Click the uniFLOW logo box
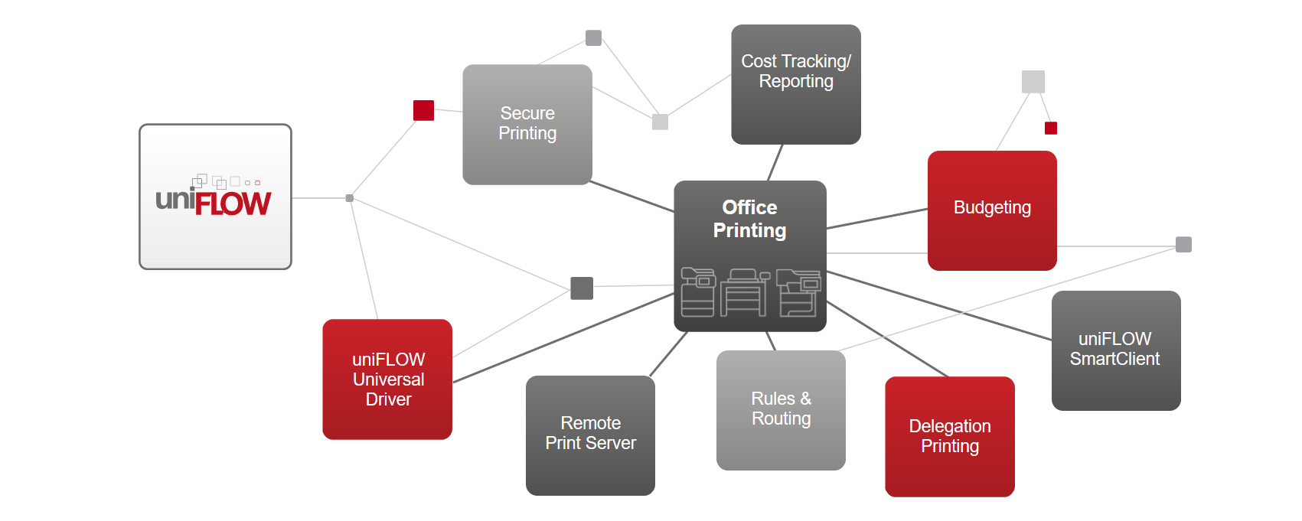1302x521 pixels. pyautogui.click(x=215, y=197)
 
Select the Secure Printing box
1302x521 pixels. pyautogui.click(x=527, y=124)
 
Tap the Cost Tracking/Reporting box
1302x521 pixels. pyautogui.click(x=796, y=84)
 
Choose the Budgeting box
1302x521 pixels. pyautogui.click(x=992, y=210)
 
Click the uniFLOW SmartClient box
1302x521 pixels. pyautogui.click(x=1115, y=350)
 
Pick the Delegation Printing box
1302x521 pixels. pyautogui.click(x=950, y=436)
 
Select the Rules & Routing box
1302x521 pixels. pyautogui.click(x=781, y=409)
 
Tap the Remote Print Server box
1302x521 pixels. pyautogui.click(x=590, y=435)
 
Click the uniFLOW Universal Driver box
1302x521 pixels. pyautogui.click(x=387, y=379)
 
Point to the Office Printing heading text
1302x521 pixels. pyautogui.click(x=749, y=219)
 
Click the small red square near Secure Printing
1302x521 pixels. pyautogui.click(x=423, y=110)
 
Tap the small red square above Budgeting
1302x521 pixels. pyautogui.click(x=1051, y=128)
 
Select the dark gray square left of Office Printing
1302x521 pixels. pyautogui.click(x=582, y=288)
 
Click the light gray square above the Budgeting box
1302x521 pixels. pyautogui.click(x=1033, y=82)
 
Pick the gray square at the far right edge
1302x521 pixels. pyautogui.click(x=1183, y=245)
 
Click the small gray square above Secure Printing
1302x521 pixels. pyautogui.click(x=593, y=37)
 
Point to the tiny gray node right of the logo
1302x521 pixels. pyautogui.click(x=350, y=198)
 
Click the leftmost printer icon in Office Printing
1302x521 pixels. pyautogui.click(x=697, y=292)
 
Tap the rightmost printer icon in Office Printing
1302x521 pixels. pyautogui.click(x=799, y=292)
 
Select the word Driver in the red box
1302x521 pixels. pyautogui.click(x=388, y=399)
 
